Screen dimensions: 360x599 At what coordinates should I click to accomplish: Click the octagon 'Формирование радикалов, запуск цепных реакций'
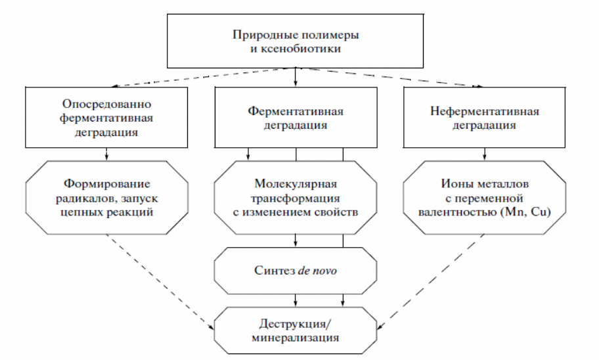pyautogui.click(x=108, y=196)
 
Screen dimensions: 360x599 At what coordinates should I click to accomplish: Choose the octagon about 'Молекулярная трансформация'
pyautogui.click(x=296, y=196)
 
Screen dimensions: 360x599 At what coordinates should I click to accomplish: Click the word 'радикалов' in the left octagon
pyautogui.click(x=87, y=196)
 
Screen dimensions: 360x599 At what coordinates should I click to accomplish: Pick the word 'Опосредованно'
pyautogui.click(x=108, y=105)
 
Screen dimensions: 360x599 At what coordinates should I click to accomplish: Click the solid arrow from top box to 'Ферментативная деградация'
pyautogui.click(x=296, y=76)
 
